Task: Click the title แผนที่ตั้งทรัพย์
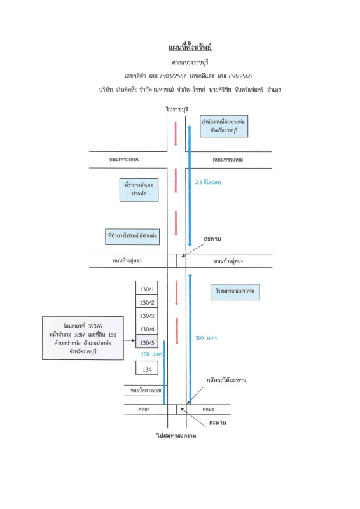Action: pos(190,47)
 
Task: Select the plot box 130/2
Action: pos(147,301)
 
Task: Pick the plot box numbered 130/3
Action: pos(147,314)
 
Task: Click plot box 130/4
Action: pos(147,328)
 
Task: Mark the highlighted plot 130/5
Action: pos(147,342)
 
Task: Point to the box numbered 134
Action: pos(147,368)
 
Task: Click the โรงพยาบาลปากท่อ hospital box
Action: pos(235,291)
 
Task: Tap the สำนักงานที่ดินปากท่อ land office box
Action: pos(224,126)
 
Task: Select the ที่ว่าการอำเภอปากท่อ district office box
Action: pos(139,190)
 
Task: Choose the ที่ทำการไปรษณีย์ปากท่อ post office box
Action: pos(132,236)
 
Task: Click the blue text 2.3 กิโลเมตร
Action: pos(208,182)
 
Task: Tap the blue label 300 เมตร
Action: pos(206,338)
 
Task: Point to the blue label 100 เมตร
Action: pos(151,354)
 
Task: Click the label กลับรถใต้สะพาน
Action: pos(226,380)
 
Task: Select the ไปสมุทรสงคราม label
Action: pos(176,435)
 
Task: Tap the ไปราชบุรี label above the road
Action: pos(177,109)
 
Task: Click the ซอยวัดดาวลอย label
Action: pos(146,390)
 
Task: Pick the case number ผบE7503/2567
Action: pos(167,76)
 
